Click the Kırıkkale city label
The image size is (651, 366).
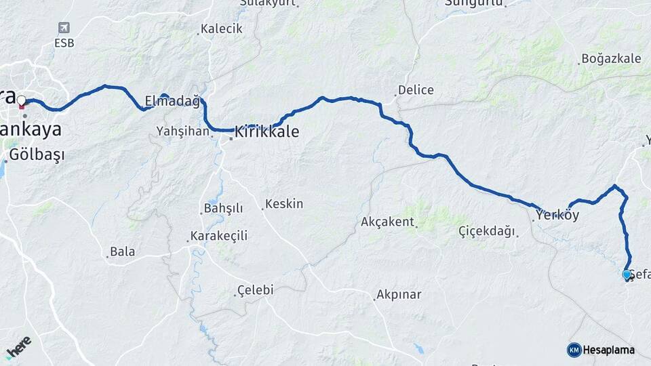pyautogui.click(x=267, y=131)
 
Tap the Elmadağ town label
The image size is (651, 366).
pyautogui.click(x=172, y=102)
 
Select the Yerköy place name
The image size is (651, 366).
pyautogui.click(x=557, y=216)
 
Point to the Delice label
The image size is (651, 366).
pyautogui.click(x=416, y=90)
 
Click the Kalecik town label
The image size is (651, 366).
pyautogui.click(x=220, y=29)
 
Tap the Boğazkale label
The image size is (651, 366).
pyautogui.click(x=611, y=59)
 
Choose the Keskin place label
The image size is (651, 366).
pyautogui.click(x=284, y=204)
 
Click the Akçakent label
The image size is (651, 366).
pyautogui.click(x=387, y=222)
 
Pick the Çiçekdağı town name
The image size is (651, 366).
pyautogui.click(x=486, y=231)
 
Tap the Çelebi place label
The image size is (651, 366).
pyautogui.click(x=254, y=290)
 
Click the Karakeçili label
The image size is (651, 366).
pyautogui.click(x=218, y=236)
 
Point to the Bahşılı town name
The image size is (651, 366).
pyautogui.click(x=222, y=208)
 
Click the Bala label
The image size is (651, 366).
pyautogui.click(x=122, y=251)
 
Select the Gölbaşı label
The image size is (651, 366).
pyautogui.click(x=37, y=155)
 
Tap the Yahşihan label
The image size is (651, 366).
pyautogui.click(x=182, y=131)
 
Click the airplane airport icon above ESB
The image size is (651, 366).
pyautogui.click(x=64, y=28)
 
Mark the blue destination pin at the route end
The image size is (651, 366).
pyautogui.click(x=627, y=274)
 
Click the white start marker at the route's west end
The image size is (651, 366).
pyautogui.click(x=22, y=101)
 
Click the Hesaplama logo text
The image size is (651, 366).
pyautogui.click(x=608, y=350)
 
